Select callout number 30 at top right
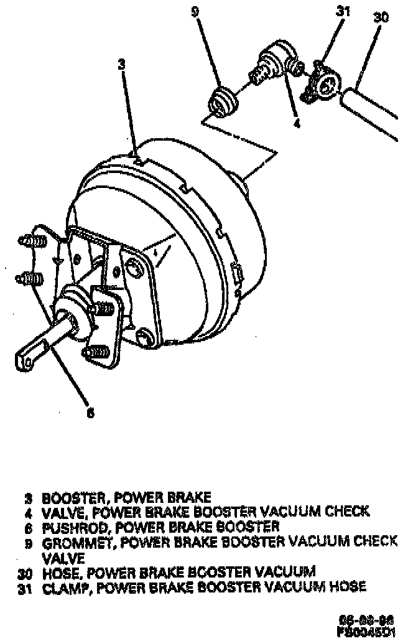pyautogui.click(x=381, y=18)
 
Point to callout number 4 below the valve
pyautogui.click(x=297, y=123)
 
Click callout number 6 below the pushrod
pyautogui.click(x=91, y=412)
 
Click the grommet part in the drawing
pyautogui.click(x=222, y=101)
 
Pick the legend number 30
pyautogui.click(x=25, y=572)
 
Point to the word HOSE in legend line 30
pyautogui.click(x=58, y=572)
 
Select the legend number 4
pyautogui.click(x=28, y=512)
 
